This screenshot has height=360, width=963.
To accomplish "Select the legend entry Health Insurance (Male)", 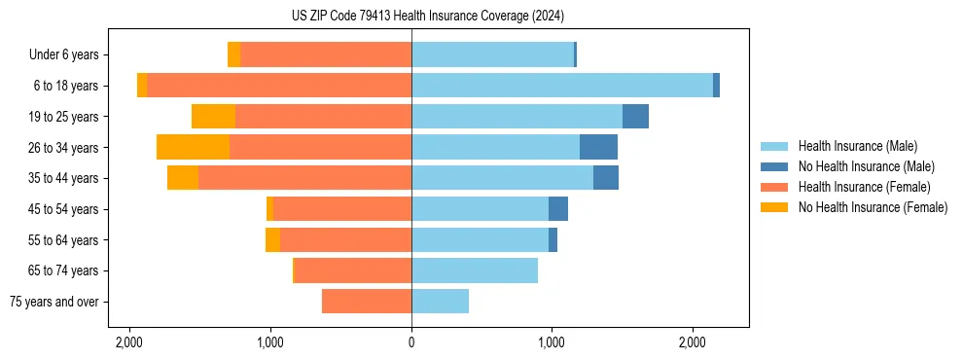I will click(858, 146).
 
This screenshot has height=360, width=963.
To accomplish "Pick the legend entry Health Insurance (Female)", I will click(864, 187).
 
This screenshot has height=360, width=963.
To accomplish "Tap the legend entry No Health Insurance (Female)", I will click(872, 207).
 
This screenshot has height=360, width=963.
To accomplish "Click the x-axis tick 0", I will click(411, 343).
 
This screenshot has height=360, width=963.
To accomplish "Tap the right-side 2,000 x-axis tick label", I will click(693, 343).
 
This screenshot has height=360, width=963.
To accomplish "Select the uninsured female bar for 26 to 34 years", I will click(193, 147).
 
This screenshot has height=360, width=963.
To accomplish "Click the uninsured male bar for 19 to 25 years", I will click(635, 117).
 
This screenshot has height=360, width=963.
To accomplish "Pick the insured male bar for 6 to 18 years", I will click(562, 86).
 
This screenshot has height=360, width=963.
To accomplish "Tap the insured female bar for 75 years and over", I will click(367, 302).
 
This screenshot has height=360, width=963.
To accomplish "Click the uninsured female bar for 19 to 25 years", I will click(213, 117).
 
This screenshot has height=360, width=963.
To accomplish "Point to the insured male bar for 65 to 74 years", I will click(475, 270).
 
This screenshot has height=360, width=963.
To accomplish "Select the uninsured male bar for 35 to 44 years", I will click(606, 178).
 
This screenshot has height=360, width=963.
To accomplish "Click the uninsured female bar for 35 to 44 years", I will click(183, 178).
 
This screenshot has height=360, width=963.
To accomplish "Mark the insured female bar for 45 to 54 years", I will click(342, 209).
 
